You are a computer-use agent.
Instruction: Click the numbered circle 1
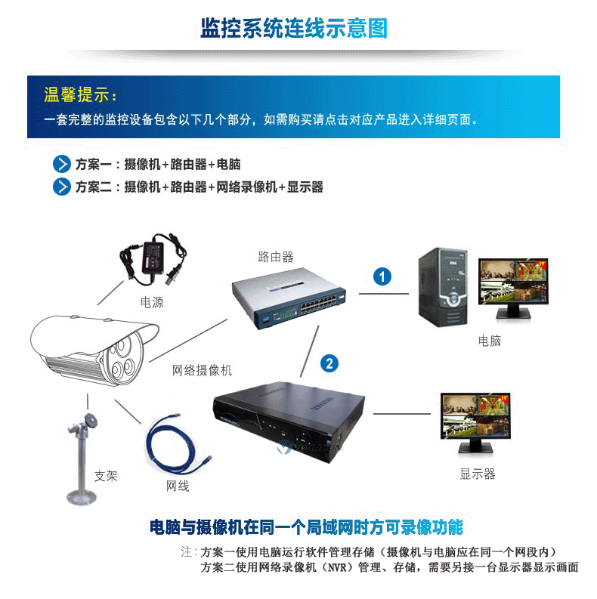tap(382, 276)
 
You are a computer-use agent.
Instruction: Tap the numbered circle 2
tap(329, 363)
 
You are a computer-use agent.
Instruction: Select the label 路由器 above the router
tap(276, 257)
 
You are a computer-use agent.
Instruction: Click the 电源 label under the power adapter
tap(152, 302)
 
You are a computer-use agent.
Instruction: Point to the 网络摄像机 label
tap(203, 370)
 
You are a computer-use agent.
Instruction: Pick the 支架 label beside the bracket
tap(106, 476)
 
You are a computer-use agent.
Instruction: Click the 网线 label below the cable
tap(178, 486)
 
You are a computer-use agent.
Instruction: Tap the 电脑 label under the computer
tap(490, 341)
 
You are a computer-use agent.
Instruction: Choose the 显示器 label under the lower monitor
tap(478, 474)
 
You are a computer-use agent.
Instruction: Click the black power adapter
tap(153, 258)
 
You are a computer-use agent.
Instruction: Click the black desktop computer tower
tap(443, 287)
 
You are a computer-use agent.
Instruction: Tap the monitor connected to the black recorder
tap(475, 422)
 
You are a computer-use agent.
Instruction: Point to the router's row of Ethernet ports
tap(318, 304)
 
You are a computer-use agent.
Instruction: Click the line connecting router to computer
tap(384, 294)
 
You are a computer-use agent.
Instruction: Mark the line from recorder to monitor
tap(402, 414)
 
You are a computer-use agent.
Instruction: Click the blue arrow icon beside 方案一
tap(61, 164)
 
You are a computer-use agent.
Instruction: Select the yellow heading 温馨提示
tap(80, 94)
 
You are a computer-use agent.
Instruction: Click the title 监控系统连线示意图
tap(294, 28)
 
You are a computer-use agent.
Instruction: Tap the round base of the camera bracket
tap(82, 497)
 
